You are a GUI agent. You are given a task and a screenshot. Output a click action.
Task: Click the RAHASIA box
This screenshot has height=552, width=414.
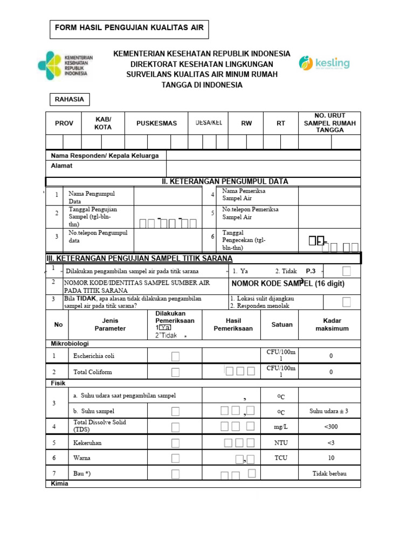[x=70, y=99]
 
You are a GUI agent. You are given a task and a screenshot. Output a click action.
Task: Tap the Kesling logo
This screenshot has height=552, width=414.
[x=324, y=64]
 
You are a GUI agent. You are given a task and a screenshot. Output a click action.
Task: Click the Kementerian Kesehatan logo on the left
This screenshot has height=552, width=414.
[x=65, y=66]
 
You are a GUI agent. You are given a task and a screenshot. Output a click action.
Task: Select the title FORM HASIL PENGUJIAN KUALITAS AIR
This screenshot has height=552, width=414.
[x=129, y=27]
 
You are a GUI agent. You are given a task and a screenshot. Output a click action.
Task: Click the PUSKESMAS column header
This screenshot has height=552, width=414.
[x=156, y=123]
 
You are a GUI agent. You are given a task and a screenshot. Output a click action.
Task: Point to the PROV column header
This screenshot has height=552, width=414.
[x=64, y=123]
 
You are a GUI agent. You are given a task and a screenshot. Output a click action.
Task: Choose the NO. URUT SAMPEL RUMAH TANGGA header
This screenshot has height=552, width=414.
[x=330, y=123]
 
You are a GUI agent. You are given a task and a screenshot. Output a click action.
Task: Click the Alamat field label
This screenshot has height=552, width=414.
[x=61, y=166]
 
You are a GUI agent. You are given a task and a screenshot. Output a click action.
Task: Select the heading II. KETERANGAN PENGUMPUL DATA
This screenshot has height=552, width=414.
[x=225, y=181]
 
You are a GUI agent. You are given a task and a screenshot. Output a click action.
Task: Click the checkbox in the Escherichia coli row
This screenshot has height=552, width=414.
[x=175, y=356]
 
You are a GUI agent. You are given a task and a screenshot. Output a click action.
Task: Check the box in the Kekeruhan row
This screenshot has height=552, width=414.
[x=175, y=443]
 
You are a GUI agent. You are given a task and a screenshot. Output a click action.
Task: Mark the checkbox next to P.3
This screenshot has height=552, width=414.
[x=347, y=271]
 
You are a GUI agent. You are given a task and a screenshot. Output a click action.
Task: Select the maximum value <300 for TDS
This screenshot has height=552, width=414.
[x=330, y=427]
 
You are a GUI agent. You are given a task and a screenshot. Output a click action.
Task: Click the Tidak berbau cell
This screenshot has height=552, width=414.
[x=329, y=474]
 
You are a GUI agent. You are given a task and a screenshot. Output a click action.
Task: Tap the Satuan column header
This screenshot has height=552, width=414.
[x=282, y=325]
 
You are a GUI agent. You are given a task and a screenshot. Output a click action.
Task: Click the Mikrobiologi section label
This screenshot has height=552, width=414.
[x=70, y=343]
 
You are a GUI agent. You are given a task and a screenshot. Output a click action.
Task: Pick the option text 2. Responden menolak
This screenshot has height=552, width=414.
[x=260, y=306]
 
